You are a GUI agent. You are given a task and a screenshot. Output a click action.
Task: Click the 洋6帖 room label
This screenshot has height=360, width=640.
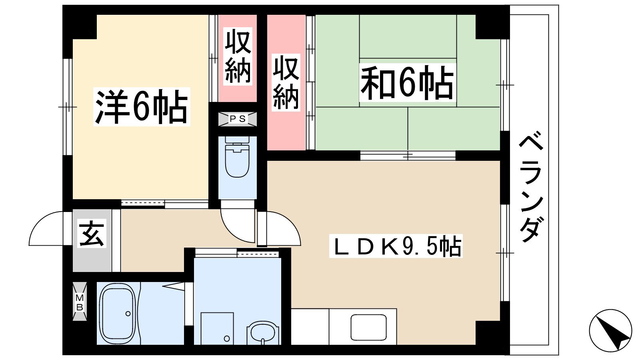click(142, 106)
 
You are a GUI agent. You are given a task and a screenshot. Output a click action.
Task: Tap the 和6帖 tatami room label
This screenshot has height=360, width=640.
click(407, 82)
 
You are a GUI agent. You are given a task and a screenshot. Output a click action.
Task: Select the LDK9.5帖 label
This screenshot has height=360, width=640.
click(396, 246)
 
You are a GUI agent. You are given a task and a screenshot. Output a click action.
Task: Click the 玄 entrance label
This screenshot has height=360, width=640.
click(92, 234)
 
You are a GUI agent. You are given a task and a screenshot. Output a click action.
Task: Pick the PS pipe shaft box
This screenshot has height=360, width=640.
click(238, 119)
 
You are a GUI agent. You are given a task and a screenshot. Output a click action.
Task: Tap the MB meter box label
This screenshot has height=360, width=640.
click(80, 302)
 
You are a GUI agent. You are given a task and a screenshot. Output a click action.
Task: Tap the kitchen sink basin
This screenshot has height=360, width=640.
click(368, 328)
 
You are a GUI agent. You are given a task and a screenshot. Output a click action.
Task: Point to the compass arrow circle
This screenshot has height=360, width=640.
click(610, 330)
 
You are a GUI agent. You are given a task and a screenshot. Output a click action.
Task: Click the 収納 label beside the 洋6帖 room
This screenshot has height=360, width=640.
click(238, 56)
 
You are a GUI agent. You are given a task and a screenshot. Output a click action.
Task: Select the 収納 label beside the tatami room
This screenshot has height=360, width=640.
click(286, 82)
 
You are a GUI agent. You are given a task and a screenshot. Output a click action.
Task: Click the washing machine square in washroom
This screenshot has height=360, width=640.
click(217, 328)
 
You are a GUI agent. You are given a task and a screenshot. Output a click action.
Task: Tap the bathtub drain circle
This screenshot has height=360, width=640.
click(128, 314)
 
